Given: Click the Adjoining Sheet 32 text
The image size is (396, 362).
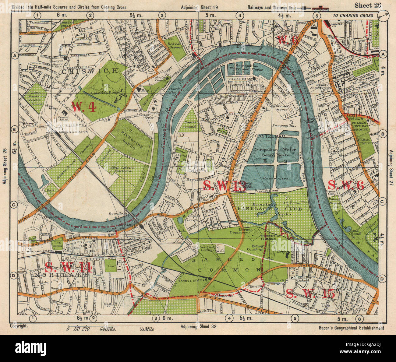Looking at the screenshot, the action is (199, 326).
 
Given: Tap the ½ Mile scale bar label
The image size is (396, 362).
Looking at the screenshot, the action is (147, 329).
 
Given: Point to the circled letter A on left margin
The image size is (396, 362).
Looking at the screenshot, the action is (14, 55).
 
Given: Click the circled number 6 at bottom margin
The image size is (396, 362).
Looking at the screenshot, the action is (360, 318).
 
